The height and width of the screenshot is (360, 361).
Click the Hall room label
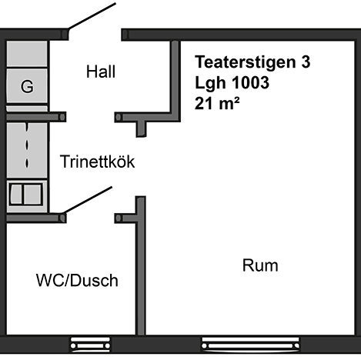101,72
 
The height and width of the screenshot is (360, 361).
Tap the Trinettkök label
97,162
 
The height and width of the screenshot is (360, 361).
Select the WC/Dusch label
77,280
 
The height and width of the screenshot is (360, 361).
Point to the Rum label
260,265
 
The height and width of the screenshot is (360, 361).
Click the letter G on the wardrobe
27,86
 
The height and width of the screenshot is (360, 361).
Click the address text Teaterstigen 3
252,62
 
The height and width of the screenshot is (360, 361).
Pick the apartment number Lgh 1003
232,82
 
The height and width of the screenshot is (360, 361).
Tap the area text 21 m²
217,103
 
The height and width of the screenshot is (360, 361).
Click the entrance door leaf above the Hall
92,16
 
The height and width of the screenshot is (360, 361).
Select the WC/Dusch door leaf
87,200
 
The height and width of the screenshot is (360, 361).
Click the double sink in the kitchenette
26,194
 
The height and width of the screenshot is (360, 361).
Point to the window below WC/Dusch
90,345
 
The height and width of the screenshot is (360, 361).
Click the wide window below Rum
250,345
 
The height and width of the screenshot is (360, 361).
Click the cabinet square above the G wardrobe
27,54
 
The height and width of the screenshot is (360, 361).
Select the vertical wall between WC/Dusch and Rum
140,265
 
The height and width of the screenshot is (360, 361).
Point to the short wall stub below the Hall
141,129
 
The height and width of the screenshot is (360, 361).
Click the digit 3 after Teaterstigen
306,62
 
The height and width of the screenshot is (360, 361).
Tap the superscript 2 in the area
237,100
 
